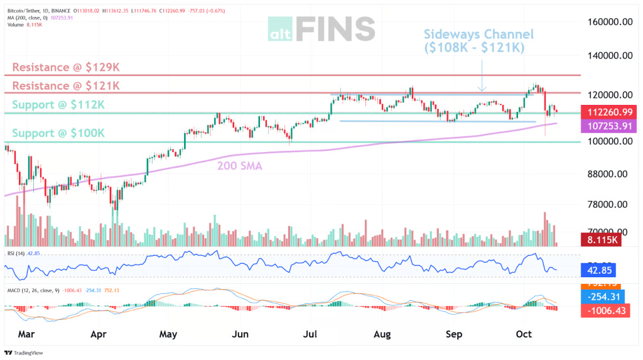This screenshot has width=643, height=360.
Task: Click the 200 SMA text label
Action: [239, 166]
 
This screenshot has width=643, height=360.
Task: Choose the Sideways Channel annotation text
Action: [478, 40]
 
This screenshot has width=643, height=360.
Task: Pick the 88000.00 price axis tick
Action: [603, 174]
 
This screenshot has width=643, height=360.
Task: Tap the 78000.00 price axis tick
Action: [603, 204]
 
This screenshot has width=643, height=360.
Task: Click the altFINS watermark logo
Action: [321, 29]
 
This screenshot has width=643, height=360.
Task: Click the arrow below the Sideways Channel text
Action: [482, 75]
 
